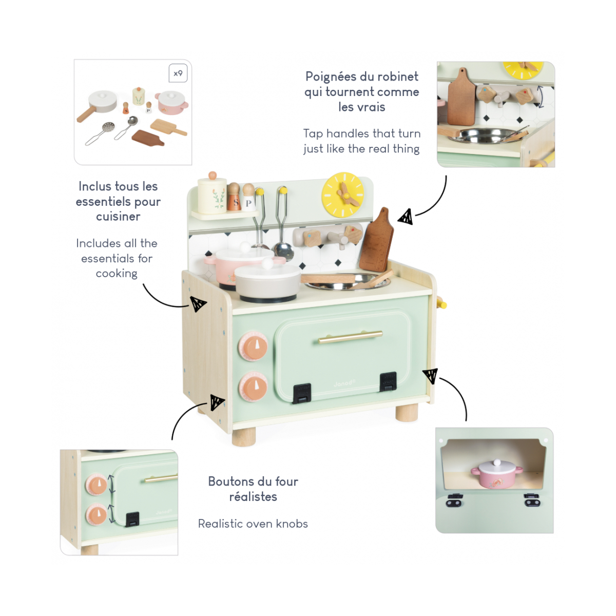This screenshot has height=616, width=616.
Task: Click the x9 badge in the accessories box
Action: pyautogui.click(x=178, y=73)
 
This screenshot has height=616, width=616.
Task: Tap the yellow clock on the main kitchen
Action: pyautogui.click(x=343, y=195)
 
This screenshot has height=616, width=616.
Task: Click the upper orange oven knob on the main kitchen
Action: pyautogui.click(x=253, y=346)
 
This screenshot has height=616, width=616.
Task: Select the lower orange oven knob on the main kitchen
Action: pyautogui.click(x=253, y=386)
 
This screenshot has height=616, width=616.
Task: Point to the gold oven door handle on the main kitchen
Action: pyautogui.click(x=351, y=337)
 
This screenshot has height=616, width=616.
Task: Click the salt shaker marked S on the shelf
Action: pyautogui.click(x=234, y=197)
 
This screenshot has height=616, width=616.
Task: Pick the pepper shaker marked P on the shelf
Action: pyautogui.click(x=248, y=197)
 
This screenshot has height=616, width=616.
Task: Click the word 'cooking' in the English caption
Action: pyautogui.click(x=117, y=274)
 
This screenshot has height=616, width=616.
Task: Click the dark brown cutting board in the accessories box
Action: pyautogui.click(x=148, y=138)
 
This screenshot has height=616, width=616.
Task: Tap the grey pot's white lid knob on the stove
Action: pyautogui.click(x=267, y=263)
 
